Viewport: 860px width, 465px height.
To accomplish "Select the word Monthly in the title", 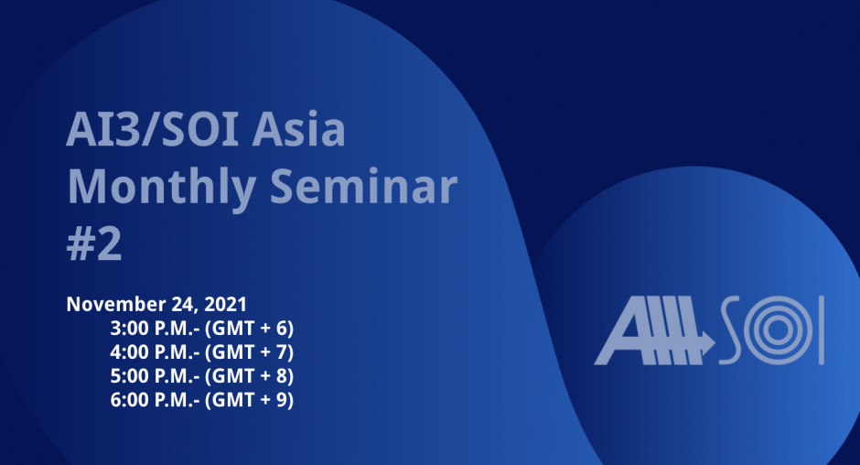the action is coord(161,188).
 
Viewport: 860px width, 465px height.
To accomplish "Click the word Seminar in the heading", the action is coord(363,186).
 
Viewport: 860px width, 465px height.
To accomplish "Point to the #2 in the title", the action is coord(94,243).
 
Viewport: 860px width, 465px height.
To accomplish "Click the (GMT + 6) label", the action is coord(250,329).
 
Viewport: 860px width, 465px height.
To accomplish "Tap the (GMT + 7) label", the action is coord(250,352).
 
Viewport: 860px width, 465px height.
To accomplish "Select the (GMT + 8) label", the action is coord(250,376).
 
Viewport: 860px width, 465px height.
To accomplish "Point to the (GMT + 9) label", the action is coord(250,400).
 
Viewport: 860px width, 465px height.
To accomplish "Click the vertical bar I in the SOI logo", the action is coord(821,330).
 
